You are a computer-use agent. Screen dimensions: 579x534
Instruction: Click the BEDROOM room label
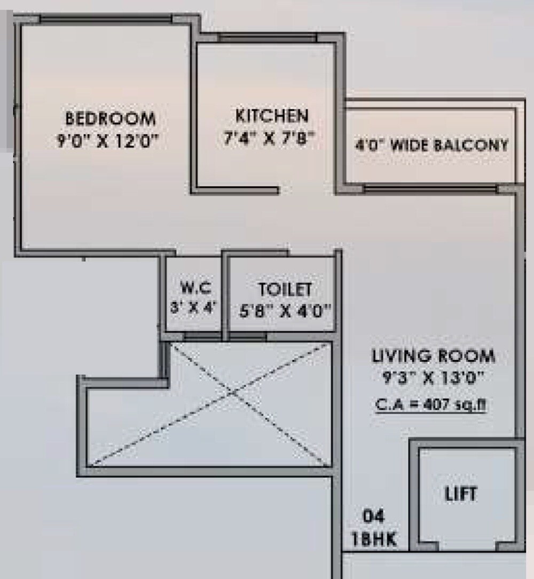(x=111, y=118)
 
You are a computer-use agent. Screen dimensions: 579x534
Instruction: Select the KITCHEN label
(x=272, y=115)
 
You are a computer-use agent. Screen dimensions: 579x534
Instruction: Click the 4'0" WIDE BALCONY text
(x=432, y=145)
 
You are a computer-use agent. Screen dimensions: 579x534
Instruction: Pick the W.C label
(x=196, y=288)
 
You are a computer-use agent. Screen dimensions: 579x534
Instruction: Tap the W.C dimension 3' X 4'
(x=194, y=309)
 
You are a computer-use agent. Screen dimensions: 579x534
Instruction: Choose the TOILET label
(x=285, y=290)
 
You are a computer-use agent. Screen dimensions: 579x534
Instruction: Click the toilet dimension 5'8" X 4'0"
(x=285, y=311)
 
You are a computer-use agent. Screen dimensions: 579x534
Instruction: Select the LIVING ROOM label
(x=433, y=356)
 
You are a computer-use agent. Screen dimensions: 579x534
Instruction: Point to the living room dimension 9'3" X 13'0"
(x=433, y=379)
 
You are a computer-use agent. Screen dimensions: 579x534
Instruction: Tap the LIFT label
(x=461, y=494)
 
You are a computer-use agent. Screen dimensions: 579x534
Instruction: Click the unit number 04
(x=374, y=517)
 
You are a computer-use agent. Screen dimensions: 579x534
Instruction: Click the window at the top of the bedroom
(x=106, y=19)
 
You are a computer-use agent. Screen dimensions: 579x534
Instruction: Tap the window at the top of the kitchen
(x=268, y=38)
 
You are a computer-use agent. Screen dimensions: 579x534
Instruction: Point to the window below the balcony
(x=430, y=188)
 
